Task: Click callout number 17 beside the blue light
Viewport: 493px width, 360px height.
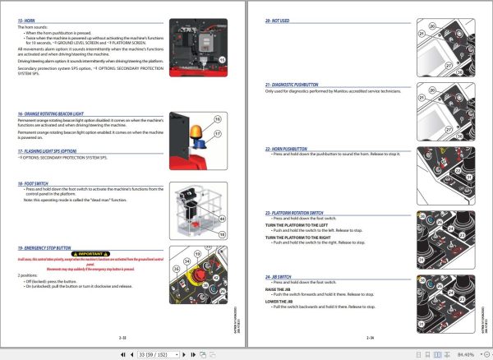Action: [x=218, y=134]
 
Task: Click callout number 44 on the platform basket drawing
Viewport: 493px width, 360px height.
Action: [x=221, y=218]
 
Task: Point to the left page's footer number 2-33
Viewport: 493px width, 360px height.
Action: [x=122, y=337]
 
